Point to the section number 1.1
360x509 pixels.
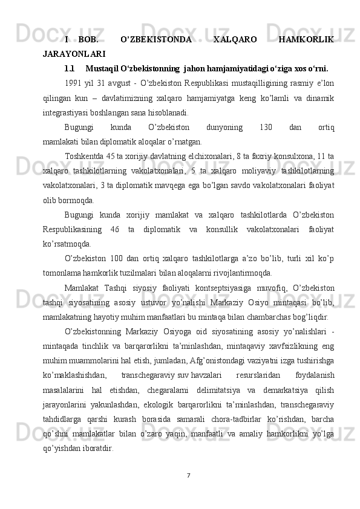70,68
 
